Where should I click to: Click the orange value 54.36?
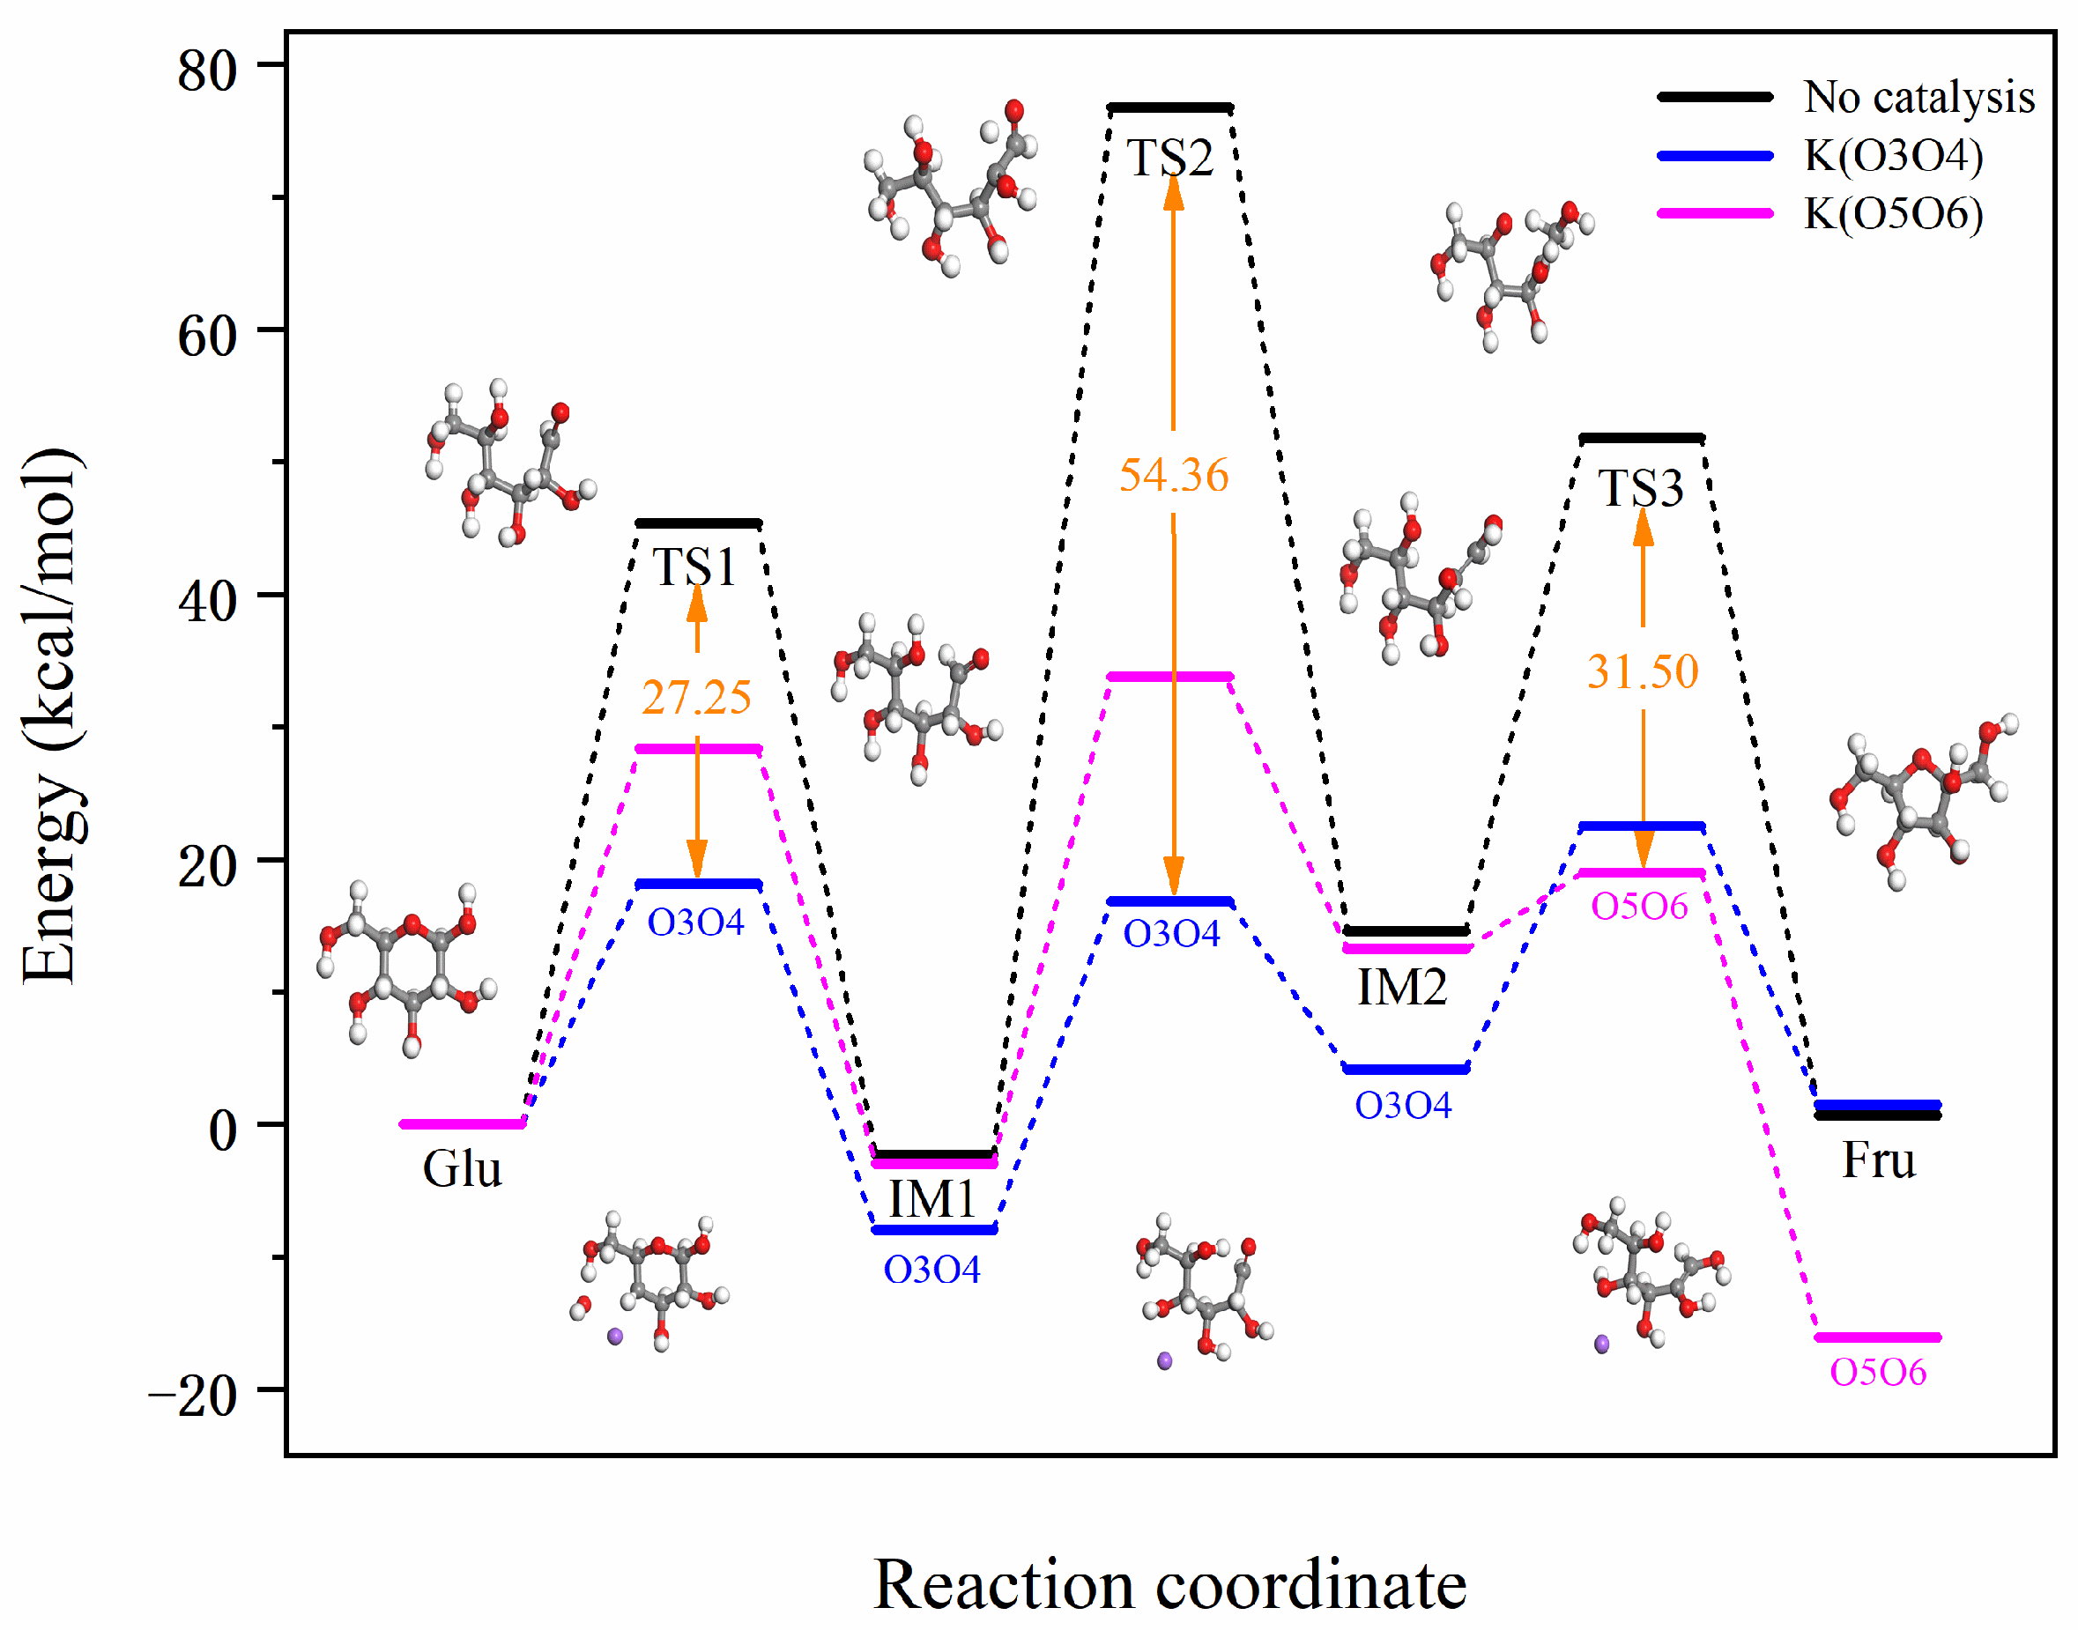pyautogui.click(x=1173, y=475)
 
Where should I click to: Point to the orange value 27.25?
pyautogui.click(x=696, y=698)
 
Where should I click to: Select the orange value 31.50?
pyautogui.click(x=1642, y=672)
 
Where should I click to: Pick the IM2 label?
pyautogui.click(x=1401, y=988)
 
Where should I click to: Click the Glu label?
pyautogui.click(x=462, y=1169)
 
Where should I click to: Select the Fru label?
pyautogui.click(x=1878, y=1161)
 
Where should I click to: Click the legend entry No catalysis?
pyautogui.click(x=1918, y=97)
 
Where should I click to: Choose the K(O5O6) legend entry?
pyautogui.click(x=1893, y=213)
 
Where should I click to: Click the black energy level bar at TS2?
pyautogui.click(x=1170, y=107)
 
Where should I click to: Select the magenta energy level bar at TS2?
pyautogui.click(x=1170, y=677)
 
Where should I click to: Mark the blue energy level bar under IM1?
pyautogui.click(x=934, y=1230)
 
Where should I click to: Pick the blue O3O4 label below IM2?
pyautogui.click(x=1402, y=1105)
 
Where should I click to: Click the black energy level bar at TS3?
pyautogui.click(x=1641, y=438)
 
